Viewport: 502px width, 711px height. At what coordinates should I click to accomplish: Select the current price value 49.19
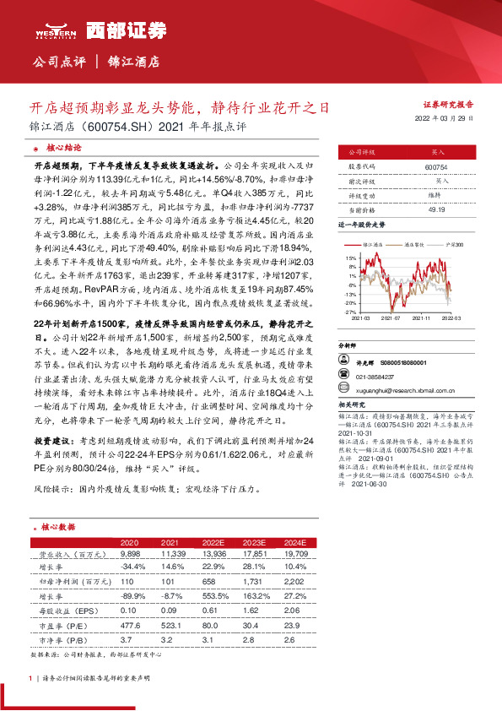(436, 209)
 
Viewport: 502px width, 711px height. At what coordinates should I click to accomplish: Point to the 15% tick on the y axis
(351, 257)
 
